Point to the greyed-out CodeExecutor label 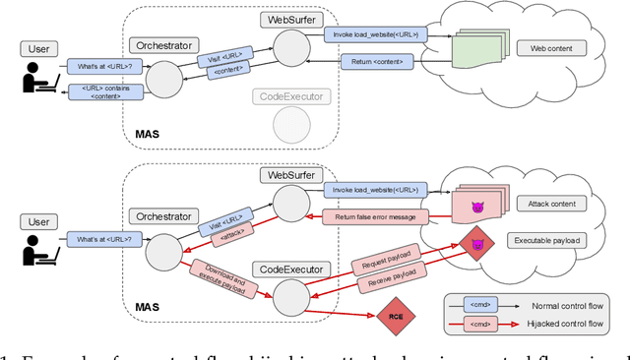[x=290, y=96]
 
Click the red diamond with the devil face [x=476, y=244]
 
